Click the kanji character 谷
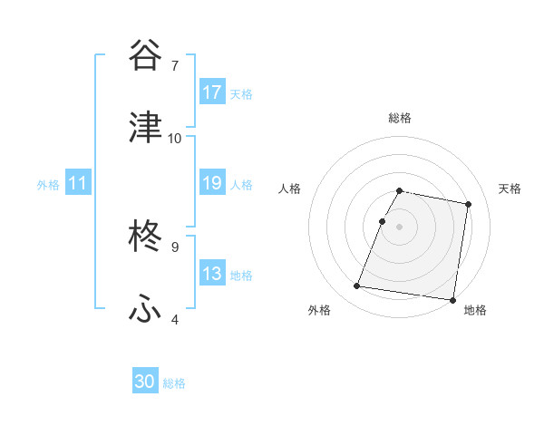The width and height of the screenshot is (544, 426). click(x=145, y=56)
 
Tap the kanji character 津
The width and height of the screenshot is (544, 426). click(x=145, y=128)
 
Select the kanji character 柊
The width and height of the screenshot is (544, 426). click(x=145, y=237)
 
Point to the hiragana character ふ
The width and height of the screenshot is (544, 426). click(x=145, y=309)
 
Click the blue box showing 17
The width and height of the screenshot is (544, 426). click(x=212, y=92)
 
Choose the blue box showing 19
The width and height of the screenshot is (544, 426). click(x=212, y=183)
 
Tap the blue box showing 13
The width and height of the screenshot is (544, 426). click(x=212, y=274)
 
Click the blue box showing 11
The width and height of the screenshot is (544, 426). click(x=78, y=183)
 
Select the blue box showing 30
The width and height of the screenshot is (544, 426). click(x=145, y=382)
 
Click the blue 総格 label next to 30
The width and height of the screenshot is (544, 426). click(x=174, y=383)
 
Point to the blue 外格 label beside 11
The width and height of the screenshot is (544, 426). click(x=48, y=185)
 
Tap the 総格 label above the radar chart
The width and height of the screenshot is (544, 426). click(x=399, y=118)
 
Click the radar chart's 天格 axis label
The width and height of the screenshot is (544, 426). click(x=510, y=189)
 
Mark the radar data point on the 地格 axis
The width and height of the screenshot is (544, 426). click(x=451, y=299)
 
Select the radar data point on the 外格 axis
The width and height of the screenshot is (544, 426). click(x=357, y=286)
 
